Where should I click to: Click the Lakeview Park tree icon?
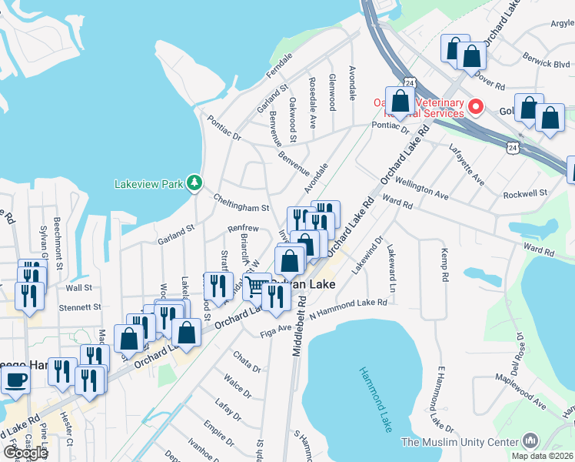tap(196, 182)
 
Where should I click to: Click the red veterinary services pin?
tap(477, 107)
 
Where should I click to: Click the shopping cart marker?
tap(256, 286)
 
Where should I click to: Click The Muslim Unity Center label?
tap(460, 442)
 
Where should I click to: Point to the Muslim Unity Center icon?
tap(530, 440)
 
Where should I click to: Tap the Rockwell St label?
tap(527, 192)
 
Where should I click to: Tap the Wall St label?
tap(79, 287)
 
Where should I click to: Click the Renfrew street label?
tap(243, 229)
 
